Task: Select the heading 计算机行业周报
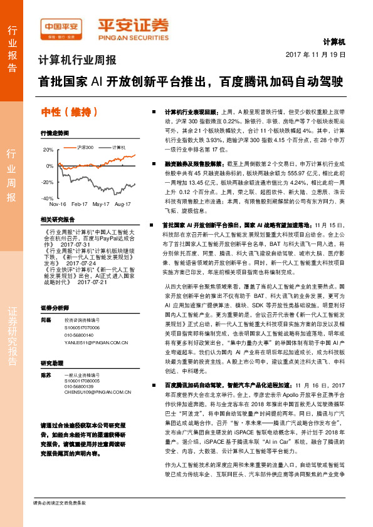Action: (x=77, y=61)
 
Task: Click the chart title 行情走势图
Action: (x=55, y=133)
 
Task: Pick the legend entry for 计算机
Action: (x=118, y=146)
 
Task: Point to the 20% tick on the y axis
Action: (x=48, y=150)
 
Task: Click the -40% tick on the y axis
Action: (x=48, y=198)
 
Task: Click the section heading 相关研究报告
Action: (x=57, y=220)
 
